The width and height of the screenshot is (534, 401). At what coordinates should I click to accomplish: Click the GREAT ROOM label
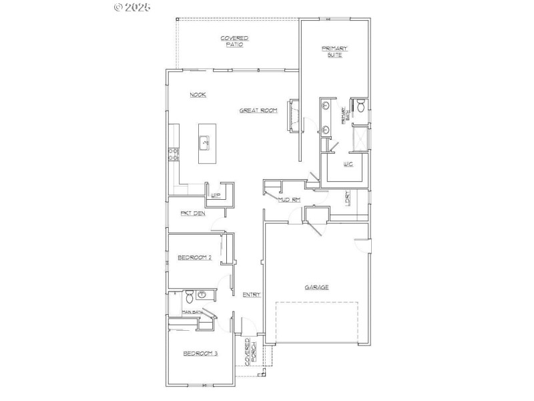pyautogui.click(x=258, y=110)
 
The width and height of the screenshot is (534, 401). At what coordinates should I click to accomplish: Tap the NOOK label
pyautogui.click(x=198, y=95)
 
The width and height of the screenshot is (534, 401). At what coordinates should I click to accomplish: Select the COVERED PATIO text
pyautogui.click(x=235, y=41)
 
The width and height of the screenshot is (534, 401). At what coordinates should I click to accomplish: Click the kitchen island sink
pyautogui.click(x=204, y=142)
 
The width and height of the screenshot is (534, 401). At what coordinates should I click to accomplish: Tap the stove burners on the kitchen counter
pyautogui.click(x=174, y=154)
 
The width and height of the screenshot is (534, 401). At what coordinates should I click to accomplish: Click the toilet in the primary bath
pyautogui.click(x=359, y=105)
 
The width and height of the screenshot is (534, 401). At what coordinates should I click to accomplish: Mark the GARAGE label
pyautogui.click(x=316, y=287)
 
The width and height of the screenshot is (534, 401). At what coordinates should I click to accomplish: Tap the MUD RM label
pyautogui.click(x=289, y=199)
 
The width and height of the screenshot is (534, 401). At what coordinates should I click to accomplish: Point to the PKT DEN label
pyautogui.click(x=192, y=213)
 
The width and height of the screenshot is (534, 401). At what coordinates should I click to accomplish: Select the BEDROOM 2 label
pyautogui.click(x=194, y=257)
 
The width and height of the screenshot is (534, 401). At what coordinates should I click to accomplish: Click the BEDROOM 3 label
pyautogui.click(x=200, y=354)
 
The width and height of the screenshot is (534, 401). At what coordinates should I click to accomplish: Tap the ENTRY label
pyautogui.click(x=251, y=295)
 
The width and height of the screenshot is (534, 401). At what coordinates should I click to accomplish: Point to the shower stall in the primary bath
pyautogui.click(x=360, y=139)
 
